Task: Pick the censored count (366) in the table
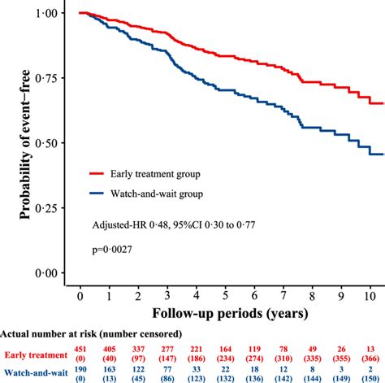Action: point(370,358)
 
